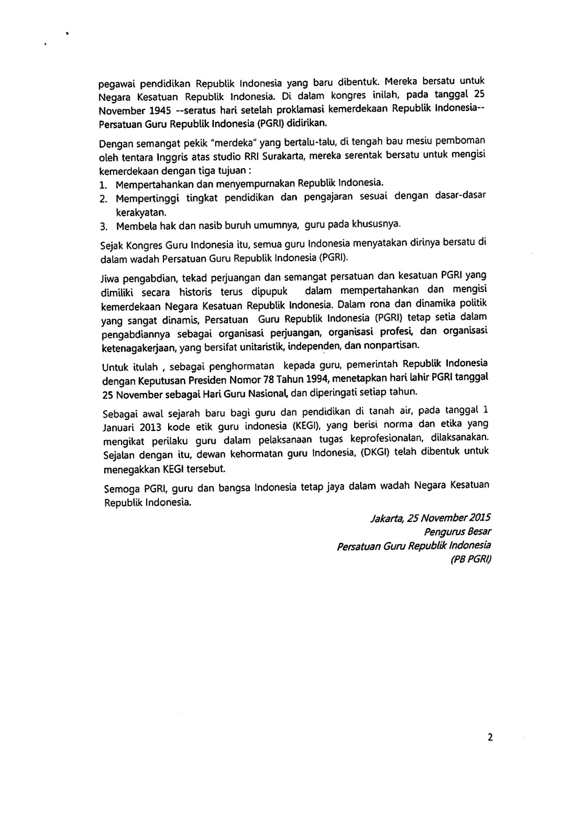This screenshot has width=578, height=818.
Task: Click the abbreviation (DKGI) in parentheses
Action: click(381, 452)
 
